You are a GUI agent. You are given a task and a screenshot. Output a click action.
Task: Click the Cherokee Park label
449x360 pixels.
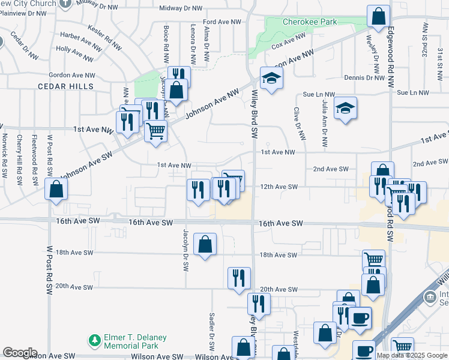coord(310,22)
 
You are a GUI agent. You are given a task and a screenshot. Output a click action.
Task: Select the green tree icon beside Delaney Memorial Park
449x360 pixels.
coord(94,341)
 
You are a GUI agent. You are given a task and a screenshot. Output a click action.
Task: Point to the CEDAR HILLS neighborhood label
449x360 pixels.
coord(66,86)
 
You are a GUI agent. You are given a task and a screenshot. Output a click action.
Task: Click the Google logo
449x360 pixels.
coord(20,353)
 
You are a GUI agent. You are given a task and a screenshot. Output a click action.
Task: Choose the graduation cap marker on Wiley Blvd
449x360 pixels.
coord(271,77)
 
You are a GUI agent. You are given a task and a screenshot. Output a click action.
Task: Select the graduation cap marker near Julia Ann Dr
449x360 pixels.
coord(345,108)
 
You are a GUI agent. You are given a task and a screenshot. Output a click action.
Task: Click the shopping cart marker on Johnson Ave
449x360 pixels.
coord(156,130)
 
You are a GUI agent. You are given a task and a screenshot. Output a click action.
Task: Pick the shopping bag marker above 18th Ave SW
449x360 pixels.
coord(205,244)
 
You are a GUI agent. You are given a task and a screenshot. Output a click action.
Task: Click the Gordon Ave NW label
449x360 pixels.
coord(72,75)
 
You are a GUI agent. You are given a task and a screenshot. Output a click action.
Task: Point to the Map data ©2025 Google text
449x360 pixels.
coord(411,355)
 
